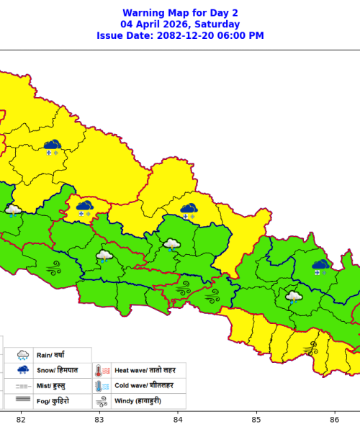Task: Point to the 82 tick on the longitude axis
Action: (x=21, y=420)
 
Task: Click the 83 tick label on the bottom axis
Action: (x=99, y=420)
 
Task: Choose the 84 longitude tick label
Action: (x=178, y=420)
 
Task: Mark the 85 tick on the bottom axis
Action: (x=256, y=420)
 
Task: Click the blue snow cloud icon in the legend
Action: (x=22, y=371)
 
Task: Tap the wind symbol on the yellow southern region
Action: (x=311, y=349)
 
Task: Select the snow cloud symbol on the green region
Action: (x=319, y=267)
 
